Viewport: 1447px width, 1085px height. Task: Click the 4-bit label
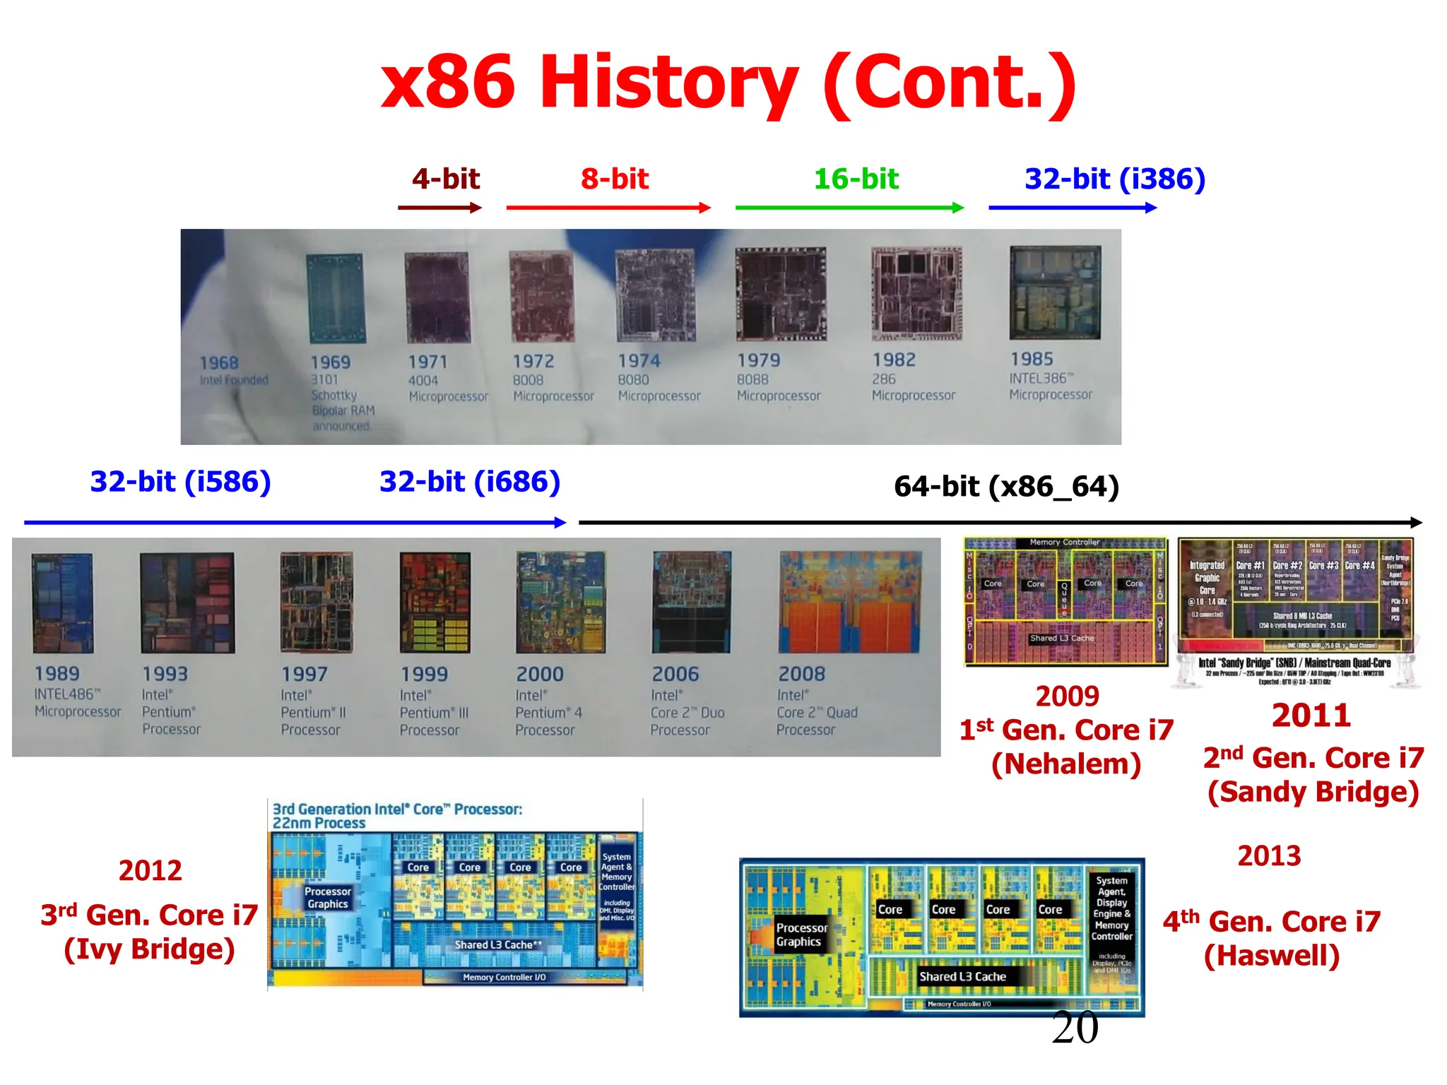pos(446,179)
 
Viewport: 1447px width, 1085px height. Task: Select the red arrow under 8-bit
pos(608,208)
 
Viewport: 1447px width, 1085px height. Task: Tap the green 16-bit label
pos(856,179)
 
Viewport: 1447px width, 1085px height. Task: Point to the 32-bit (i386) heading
pos(1114,179)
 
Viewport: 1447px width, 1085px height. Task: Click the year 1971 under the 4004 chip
pos(428,362)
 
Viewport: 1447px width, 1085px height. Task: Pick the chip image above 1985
pos(1055,292)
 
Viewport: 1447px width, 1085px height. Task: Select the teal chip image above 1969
pos(336,298)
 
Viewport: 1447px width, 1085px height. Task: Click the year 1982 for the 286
pos(894,360)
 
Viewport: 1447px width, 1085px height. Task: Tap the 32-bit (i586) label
pos(180,482)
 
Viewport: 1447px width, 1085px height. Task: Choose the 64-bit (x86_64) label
pos(1006,487)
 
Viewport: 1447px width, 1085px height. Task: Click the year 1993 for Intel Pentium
pos(165,674)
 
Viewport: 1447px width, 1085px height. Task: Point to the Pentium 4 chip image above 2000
pos(560,603)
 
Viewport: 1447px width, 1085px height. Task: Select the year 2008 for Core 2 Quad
pos(801,674)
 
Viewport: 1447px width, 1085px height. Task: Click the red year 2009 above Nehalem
pos(1067,696)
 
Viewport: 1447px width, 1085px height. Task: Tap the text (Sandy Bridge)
pos(1313,792)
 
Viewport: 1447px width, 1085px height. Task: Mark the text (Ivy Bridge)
pos(149,949)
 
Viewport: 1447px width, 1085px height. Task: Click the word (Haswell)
pos(1272,956)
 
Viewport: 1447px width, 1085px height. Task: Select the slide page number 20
pos(1075,1028)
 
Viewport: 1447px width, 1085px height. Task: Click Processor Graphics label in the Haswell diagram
pos(801,935)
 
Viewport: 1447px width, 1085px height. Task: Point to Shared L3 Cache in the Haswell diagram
pos(962,976)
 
